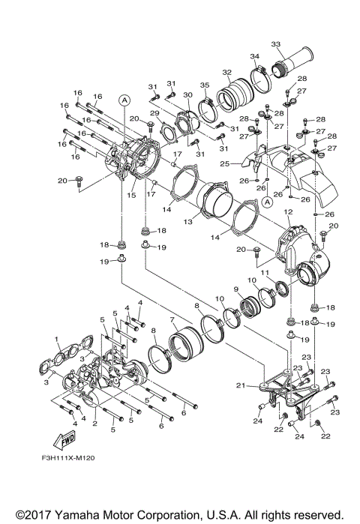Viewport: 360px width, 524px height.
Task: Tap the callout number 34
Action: [254, 56]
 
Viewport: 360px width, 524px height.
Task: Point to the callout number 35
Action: [204, 85]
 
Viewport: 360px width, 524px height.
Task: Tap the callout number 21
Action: [240, 386]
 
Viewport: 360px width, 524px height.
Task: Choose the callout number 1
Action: [55, 339]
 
